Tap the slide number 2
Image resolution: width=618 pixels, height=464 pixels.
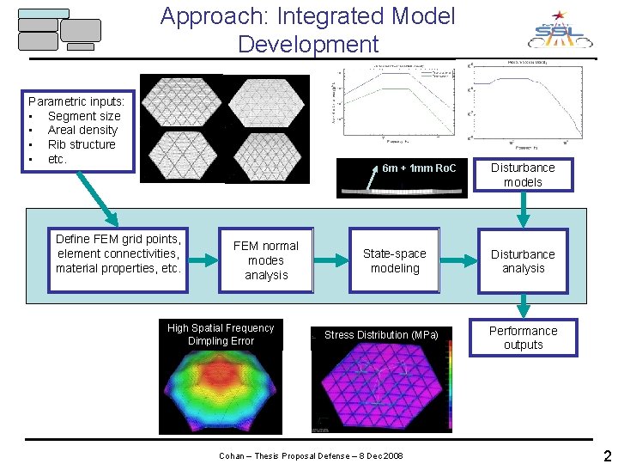coord(607,455)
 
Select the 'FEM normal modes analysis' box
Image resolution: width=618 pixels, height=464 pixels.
coord(266,259)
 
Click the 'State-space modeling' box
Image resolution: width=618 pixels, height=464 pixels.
coord(394,260)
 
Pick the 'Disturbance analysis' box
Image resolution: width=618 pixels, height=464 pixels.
coord(523,260)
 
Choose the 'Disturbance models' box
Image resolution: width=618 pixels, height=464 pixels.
coord(523,174)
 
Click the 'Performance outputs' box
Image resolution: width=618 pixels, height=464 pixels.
coord(523,337)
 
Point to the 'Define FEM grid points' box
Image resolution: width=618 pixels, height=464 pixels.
coord(118,253)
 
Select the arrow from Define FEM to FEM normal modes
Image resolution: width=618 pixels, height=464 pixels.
coord(202,255)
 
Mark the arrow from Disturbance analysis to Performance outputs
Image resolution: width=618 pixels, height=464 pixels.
coord(524,305)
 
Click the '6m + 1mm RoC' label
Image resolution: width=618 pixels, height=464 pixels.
coord(419,168)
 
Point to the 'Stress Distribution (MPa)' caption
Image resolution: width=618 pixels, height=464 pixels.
coord(381,334)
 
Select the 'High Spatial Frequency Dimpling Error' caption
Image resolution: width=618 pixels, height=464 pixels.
coord(221,334)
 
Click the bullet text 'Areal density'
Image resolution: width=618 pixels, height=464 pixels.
coord(82,130)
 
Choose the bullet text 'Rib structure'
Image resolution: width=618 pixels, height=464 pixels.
coord(82,144)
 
